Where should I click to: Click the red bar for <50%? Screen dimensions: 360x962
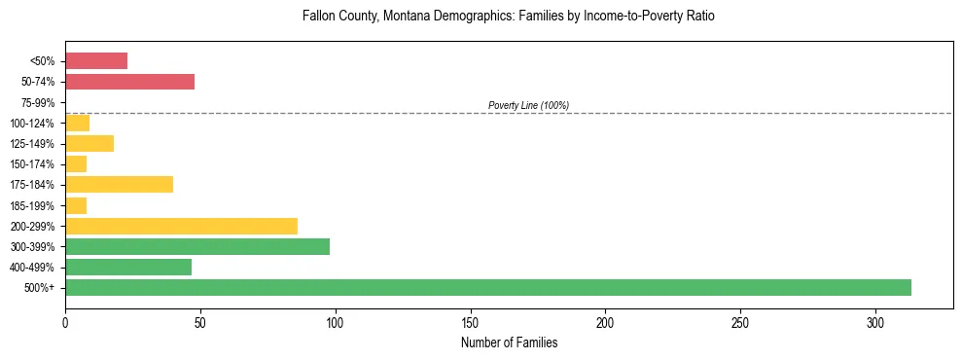pyautogui.click(x=96, y=61)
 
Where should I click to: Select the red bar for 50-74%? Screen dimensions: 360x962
pyautogui.click(x=129, y=82)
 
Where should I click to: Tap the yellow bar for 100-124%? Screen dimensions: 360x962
pyautogui.click(x=77, y=123)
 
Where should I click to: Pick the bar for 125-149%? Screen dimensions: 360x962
pyautogui.click(x=89, y=143)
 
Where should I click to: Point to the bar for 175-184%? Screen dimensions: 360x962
pyautogui.click(x=119, y=184)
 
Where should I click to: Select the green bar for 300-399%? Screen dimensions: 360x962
pyautogui.click(x=197, y=246)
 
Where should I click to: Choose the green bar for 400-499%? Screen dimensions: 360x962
pyautogui.click(x=128, y=267)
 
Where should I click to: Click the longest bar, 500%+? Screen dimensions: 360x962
pyautogui.click(x=488, y=287)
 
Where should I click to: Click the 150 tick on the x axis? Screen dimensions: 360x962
pyautogui.click(x=470, y=322)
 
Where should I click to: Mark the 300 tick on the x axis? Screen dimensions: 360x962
pyautogui.click(x=875, y=322)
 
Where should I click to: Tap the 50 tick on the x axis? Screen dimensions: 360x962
pyautogui.click(x=200, y=322)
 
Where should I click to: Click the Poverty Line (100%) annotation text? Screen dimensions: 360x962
pyautogui.click(x=528, y=105)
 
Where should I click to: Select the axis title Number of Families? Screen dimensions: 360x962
pyautogui.click(x=509, y=342)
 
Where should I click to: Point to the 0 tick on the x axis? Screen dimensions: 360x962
pyautogui.click(x=65, y=322)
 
